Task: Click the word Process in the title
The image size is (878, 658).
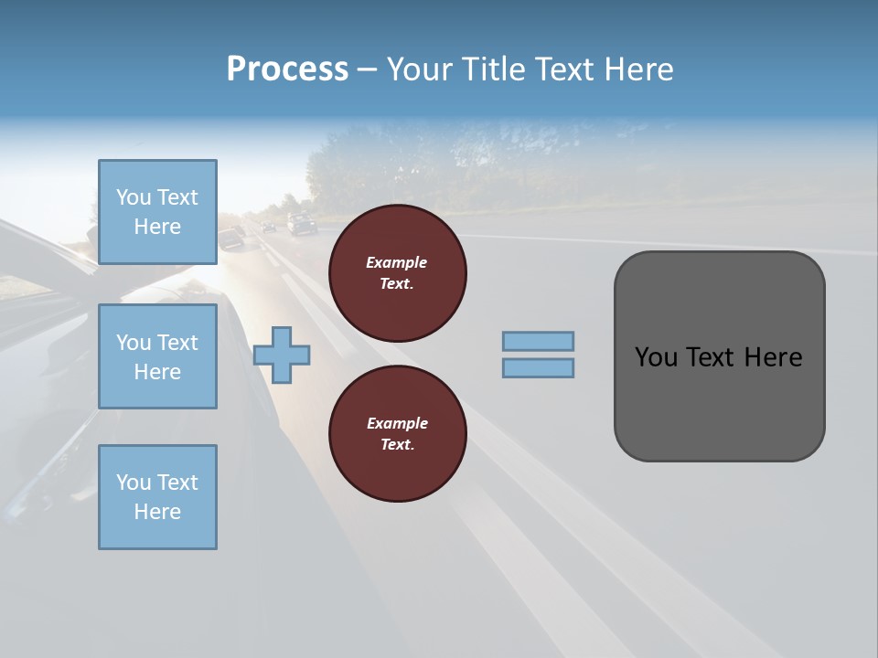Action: point(287,69)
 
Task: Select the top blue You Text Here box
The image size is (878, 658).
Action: point(157,212)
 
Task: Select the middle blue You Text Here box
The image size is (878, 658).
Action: point(157,356)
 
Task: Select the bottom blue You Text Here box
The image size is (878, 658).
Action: point(157,496)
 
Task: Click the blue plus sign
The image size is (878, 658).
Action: point(282,354)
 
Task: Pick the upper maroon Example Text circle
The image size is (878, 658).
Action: point(397,273)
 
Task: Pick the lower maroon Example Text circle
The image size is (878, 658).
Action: point(397,434)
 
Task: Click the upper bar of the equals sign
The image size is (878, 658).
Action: point(538,341)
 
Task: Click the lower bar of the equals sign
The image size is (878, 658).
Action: point(538,367)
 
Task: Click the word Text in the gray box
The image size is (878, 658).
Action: point(711,357)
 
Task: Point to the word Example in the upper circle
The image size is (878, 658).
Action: point(396,262)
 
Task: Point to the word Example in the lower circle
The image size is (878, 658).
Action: point(396,423)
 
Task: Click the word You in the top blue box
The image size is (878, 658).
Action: point(134,197)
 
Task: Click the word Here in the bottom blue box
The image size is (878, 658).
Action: point(157,511)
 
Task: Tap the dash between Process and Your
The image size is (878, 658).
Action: point(366,69)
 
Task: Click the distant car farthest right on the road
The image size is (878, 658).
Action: point(302,223)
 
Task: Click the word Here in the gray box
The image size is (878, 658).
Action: point(773,357)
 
